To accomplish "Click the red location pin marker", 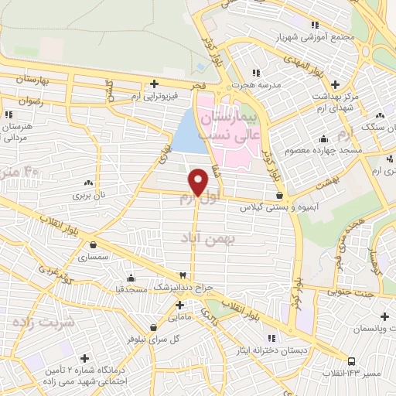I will coord(199,182).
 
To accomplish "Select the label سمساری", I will coord(104,256).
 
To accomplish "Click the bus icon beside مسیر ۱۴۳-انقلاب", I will coord(351,360).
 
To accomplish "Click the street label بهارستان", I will coord(32,80).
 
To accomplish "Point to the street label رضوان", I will coord(31,101).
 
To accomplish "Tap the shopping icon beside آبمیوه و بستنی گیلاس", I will coord(279,196).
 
